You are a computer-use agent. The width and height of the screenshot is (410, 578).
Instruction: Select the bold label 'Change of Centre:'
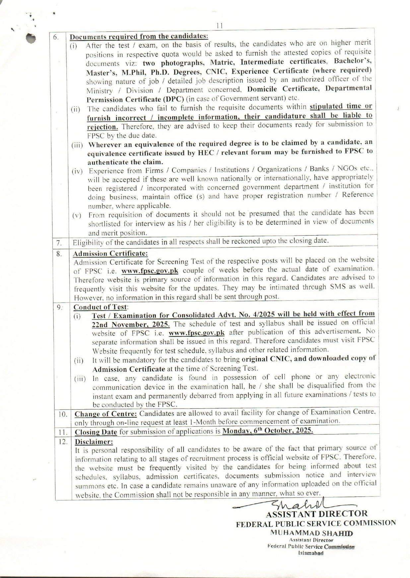105,414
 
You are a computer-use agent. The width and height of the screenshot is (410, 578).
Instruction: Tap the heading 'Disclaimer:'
94,442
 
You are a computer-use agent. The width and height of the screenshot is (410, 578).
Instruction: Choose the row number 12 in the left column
63,442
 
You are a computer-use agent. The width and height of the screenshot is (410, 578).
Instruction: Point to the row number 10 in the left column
63,415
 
